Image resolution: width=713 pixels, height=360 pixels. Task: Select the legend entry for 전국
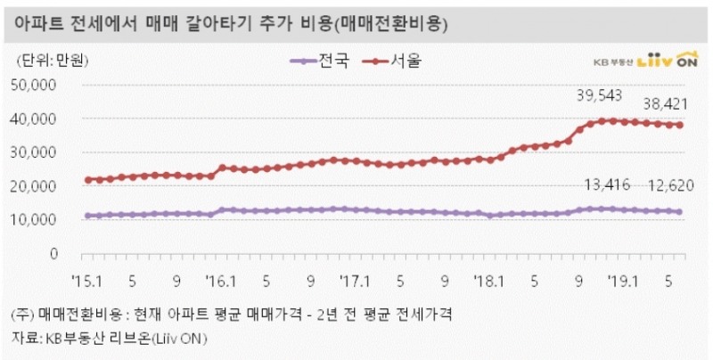tap(321, 61)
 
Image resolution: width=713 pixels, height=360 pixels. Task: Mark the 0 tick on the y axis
tap(53, 253)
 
